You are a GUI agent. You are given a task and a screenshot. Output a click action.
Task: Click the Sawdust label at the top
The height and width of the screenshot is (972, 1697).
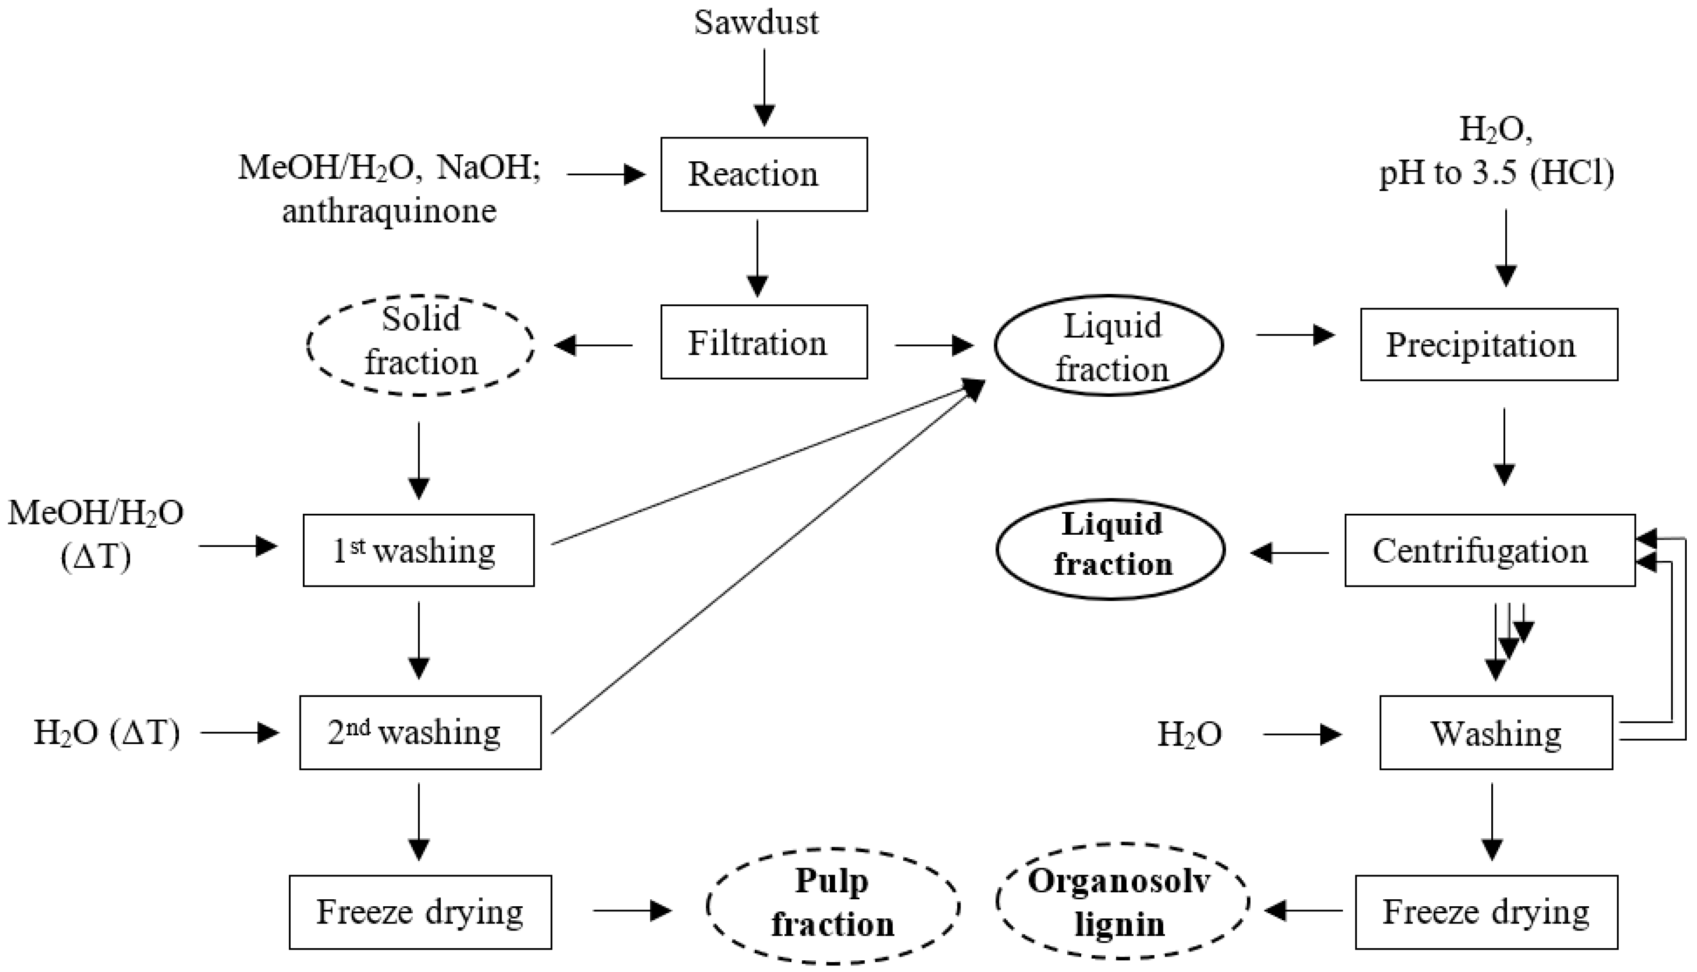(x=756, y=23)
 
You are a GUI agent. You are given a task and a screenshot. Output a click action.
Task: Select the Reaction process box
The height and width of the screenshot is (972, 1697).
(x=764, y=175)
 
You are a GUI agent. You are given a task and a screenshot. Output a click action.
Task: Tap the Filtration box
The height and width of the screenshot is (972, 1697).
(x=764, y=343)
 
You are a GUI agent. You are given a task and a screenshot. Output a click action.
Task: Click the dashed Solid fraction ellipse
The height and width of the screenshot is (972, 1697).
(x=421, y=345)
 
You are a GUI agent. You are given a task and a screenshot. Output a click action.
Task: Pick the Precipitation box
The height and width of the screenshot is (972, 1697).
(x=1488, y=345)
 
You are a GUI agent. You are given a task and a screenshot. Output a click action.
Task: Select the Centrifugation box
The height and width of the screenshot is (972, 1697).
(x=1489, y=551)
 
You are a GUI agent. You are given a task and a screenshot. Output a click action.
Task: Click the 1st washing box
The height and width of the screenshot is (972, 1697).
(x=419, y=551)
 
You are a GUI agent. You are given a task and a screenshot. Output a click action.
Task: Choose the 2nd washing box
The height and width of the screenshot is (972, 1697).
(x=420, y=732)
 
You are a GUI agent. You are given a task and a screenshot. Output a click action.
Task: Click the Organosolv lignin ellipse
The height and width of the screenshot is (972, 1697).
(x=1122, y=903)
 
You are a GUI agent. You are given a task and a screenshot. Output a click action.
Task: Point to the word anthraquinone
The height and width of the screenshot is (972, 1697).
(x=389, y=212)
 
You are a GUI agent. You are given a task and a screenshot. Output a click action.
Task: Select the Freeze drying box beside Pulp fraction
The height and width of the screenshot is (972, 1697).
(x=420, y=912)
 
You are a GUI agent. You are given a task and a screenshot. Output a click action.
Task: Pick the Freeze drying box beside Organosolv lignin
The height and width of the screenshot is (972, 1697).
(x=1486, y=912)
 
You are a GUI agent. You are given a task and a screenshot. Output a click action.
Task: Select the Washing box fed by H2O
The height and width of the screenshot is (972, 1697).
(x=1496, y=733)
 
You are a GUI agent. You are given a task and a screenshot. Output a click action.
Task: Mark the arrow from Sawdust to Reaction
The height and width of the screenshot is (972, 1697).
(x=764, y=87)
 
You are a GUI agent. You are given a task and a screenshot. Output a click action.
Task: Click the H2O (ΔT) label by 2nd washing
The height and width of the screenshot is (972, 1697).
(x=107, y=733)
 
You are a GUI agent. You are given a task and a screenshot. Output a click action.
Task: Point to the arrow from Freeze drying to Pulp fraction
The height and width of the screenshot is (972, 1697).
(x=631, y=910)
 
